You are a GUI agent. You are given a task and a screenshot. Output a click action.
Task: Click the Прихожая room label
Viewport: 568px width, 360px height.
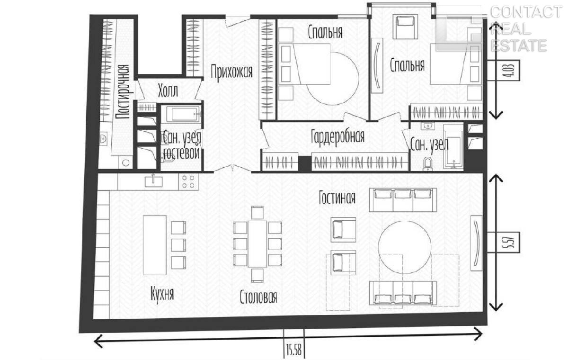pyautogui.click(x=232, y=72)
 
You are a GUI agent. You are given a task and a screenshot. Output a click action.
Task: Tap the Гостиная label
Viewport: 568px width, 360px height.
pyautogui.click(x=337, y=198)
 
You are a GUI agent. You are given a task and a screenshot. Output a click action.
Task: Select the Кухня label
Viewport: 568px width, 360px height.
pyautogui.click(x=162, y=294)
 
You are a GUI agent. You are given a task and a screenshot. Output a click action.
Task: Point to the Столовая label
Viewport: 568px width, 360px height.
pyautogui.click(x=258, y=297)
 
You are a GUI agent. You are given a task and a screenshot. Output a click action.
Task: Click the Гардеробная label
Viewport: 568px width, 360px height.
pyautogui.click(x=338, y=137)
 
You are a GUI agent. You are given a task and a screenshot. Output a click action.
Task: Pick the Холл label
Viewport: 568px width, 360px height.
pyautogui.click(x=168, y=91)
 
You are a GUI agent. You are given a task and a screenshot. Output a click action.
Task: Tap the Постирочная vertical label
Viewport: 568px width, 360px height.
pyautogui.click(x=123, y=92)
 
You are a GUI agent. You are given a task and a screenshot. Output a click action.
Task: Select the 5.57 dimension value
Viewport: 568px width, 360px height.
pyautogui.click(x=503, y=242)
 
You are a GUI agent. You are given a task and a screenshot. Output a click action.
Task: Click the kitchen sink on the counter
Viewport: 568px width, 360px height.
pyautogui.click(x=154, y=181)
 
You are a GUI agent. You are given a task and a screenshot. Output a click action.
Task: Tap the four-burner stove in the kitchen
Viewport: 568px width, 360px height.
pyautogui.click(x=189, y=181)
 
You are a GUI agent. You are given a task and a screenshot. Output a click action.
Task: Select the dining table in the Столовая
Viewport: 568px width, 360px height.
pyautogui.click(x=257, y=243)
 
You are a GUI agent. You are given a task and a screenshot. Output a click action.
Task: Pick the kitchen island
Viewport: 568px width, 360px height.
pyautogui.click(x=155, y=245)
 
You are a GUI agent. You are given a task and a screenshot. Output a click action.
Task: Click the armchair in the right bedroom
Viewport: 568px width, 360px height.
pyautogui.click(x=405, y=27)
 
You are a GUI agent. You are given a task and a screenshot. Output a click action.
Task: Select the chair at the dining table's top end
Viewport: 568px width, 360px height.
pyautogui.click(x=257, y=213)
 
